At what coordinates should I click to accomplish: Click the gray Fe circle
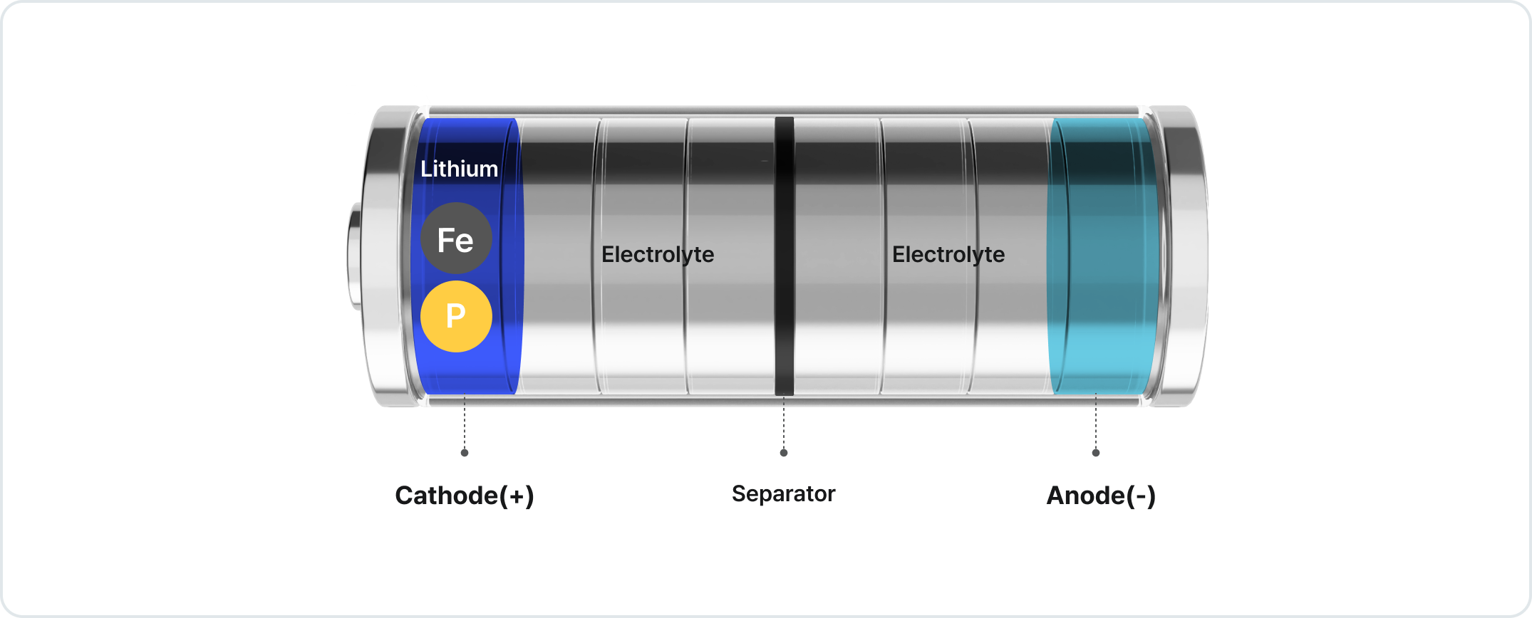click(x=456, y=239)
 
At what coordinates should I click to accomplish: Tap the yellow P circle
click(x=456, y=316)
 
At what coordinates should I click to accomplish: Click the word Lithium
click(x=459, y=169)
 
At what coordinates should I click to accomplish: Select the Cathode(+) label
click(x=464, y=496)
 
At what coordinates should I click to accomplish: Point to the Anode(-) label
click(x=1101, y=496)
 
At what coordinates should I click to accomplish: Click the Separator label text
click(x=783, y=493)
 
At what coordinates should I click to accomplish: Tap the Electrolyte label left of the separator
click(x=657, y=254)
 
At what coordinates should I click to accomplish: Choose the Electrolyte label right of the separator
click(x=948, y=254)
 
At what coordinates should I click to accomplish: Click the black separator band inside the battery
click(x=784, y=320)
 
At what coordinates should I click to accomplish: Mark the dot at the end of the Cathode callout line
click(x=465, y=453)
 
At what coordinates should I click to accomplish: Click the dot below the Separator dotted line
click(x=784, y=453)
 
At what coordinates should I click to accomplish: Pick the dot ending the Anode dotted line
click(x=1096, y=453)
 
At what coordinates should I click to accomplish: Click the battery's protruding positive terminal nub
click(x=355, y=256)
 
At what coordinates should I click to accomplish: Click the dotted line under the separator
click(x=784, y=424)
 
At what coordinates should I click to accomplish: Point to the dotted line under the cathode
click(x=465, y=424)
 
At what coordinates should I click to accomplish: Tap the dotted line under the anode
click(x=1096, y=424)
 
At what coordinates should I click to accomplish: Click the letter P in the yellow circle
click(x=455, y=315)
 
